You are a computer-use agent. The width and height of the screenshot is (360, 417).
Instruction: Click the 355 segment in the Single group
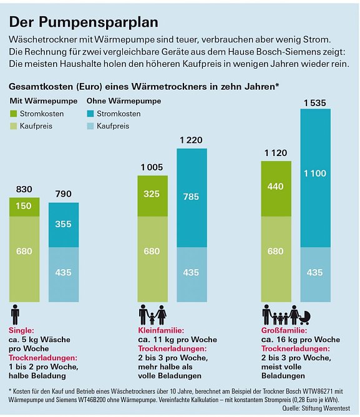click(x=64, y=224)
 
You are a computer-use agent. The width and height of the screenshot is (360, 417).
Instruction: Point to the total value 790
click(x=64, y=195)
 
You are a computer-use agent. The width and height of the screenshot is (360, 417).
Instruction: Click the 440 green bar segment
click(x=275, y=187)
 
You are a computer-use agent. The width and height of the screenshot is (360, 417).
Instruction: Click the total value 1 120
click(x=275, y=152)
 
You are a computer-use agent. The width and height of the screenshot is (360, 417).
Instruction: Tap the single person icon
click(x=15, y=315)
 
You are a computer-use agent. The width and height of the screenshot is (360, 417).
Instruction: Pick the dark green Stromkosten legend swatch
click(x=14, y=114)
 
